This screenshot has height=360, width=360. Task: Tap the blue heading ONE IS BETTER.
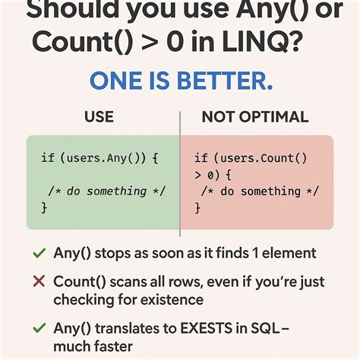180,81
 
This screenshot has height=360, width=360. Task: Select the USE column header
99,117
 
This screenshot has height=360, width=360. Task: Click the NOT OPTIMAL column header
254,117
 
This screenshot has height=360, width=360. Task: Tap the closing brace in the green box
44,207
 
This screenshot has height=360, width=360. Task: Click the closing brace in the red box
197,207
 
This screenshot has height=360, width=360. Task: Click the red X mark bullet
38,282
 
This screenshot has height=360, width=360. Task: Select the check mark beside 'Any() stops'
38,253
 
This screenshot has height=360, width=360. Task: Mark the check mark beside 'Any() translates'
38,329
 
